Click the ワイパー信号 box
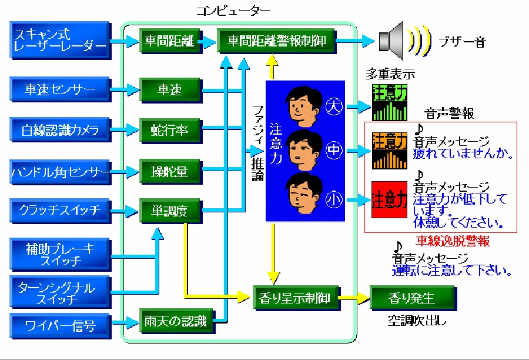coord(61,324)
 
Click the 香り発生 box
coord(412,298)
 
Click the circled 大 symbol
coord(334,107)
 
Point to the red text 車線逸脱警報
coord(453,241)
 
